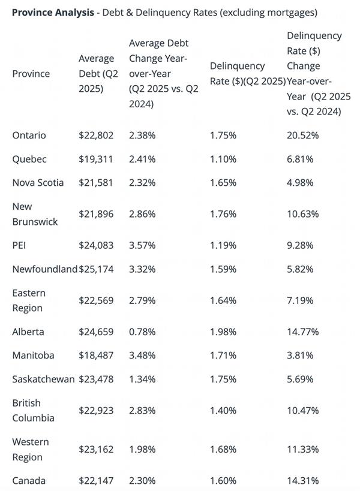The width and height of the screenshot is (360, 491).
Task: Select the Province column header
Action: coord(31,74)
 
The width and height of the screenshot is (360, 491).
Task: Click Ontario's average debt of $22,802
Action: coord(96,135)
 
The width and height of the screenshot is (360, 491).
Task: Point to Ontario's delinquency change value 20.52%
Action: coord(303,135)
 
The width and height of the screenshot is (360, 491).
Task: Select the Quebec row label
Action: coord(29,159)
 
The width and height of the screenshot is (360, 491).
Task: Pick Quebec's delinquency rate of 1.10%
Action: coord(223,159)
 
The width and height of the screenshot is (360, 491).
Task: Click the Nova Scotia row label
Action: coord(38,183)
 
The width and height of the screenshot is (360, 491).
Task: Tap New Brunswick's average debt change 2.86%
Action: coord(142,214)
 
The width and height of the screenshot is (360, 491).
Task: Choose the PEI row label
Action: coord(19,245)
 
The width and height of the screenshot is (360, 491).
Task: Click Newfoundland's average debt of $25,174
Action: coord(96,269)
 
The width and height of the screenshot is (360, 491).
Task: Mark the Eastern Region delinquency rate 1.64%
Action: coord(223,300)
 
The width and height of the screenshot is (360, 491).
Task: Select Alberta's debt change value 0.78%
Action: coord(142,332)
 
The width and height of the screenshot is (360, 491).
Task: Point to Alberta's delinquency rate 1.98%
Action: coord(223,332)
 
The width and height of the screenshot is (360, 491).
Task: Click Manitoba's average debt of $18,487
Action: coord(96,356)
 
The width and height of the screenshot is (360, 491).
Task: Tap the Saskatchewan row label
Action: coord(43,379)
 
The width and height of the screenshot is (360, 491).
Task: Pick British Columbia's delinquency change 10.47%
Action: coord(303,411)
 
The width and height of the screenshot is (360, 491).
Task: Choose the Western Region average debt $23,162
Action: coord(96,449)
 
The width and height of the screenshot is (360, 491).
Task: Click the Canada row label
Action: coord(29,480)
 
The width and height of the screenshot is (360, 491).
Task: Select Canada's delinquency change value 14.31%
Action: coord(303,480)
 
